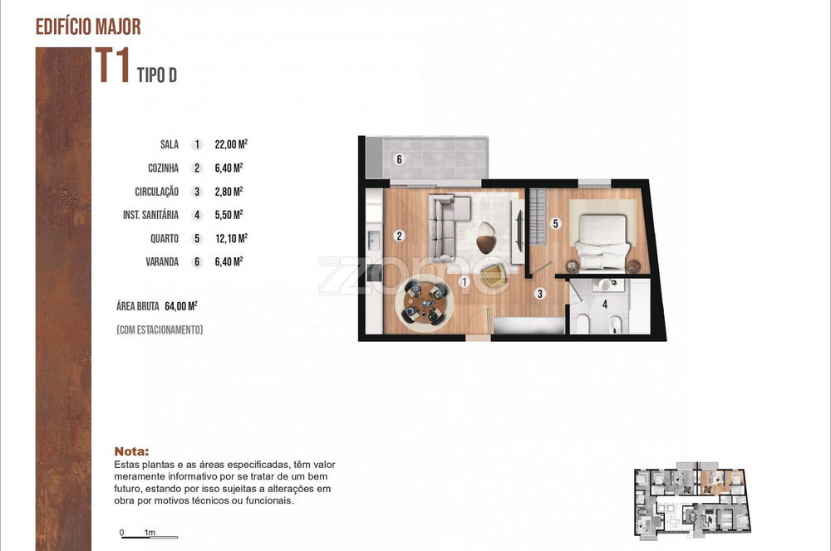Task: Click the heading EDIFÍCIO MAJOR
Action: point(88,27)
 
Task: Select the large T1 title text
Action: point(112,65)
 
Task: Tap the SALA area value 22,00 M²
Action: point(231,144)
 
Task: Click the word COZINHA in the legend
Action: point(163,168)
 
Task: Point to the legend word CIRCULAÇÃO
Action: point(156,192)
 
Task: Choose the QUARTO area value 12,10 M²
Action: point(231,239)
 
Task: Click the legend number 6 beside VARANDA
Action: point(197,262)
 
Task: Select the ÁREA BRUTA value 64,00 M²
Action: point(181,306)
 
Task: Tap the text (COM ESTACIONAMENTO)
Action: point(160,329)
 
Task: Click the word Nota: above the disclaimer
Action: point(131,451)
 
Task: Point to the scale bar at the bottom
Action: point(150,537)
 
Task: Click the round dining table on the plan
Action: point(425,303)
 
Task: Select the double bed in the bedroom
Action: point(602,241)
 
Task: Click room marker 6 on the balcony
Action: point(399,159)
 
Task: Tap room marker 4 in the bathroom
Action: point(605,305)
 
